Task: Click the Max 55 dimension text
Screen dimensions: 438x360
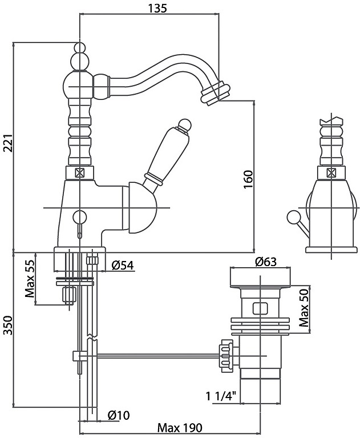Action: [x=30, y=280]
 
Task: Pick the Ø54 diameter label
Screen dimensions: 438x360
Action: [x=123, y=265]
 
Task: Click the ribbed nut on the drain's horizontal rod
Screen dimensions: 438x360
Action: [x=226, y=357]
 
